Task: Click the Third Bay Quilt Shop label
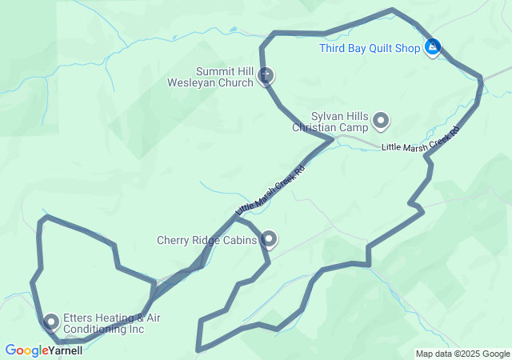point(370,48)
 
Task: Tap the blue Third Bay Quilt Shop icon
point(433,48)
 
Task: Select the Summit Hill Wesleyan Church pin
point(267,76)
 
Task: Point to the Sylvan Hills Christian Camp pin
point(381,121)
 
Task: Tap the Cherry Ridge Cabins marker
point(270,239)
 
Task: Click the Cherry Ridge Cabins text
point(206,240)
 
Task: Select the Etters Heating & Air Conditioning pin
point(52,322)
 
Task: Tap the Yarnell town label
point(67,350)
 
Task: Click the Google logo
point(26,350)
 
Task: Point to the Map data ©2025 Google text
point(462,354)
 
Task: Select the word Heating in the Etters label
point(102,318)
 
